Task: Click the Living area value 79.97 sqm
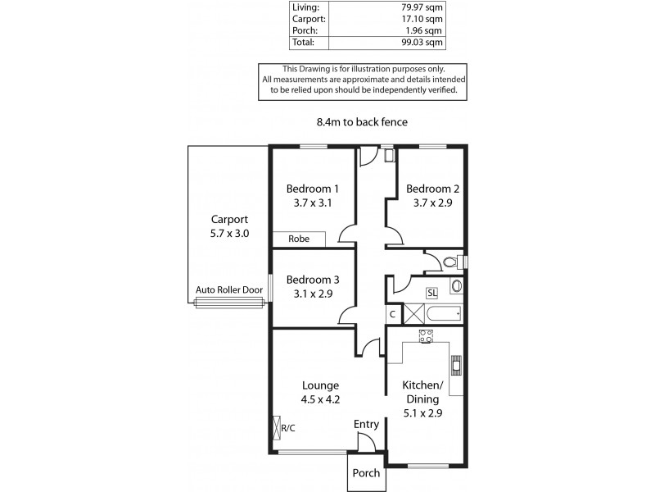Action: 429,9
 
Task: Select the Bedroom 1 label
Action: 308,188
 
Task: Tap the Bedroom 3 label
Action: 308,279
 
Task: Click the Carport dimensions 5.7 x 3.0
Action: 229,233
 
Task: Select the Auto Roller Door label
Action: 228,289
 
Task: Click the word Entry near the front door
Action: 366,424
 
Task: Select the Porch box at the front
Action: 365,473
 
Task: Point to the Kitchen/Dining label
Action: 422,392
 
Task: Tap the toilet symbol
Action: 449,262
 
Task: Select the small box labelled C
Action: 393,313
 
